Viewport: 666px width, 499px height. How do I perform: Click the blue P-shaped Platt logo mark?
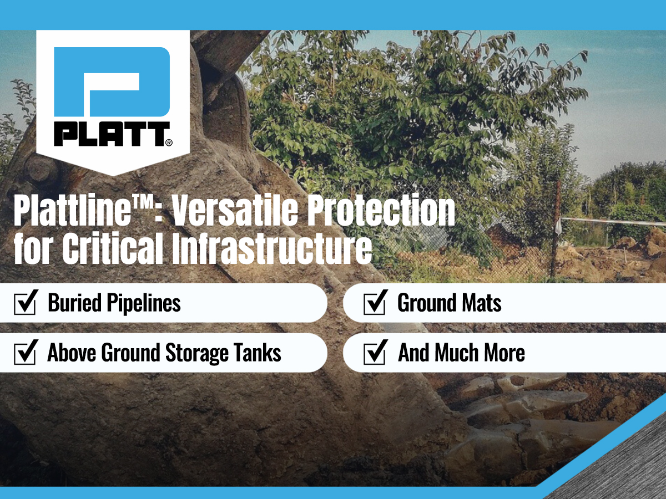(x=112, y=82)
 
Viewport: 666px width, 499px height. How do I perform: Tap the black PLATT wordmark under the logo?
(x=112, y=134)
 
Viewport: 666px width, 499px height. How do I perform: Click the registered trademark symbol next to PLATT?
(x=169, y=142)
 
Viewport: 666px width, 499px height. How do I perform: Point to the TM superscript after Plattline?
(x=142, y=202)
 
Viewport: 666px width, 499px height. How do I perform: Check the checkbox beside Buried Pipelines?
(x=26, y=302)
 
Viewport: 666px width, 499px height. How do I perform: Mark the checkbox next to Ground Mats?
(x=375, y=302)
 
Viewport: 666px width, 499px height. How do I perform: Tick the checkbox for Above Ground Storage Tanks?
(x=26, y=352)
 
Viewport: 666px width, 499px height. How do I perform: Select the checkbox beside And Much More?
(x=375, y=352)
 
